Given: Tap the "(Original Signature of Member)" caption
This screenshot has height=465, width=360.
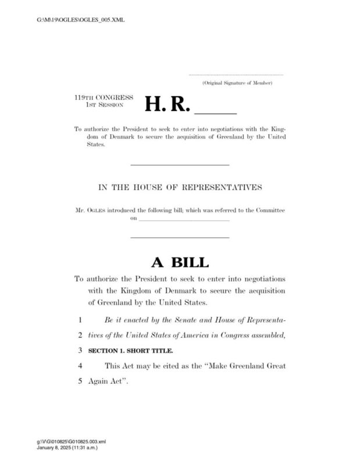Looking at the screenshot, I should (237, 84).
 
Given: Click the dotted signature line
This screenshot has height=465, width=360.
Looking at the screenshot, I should (236, 74).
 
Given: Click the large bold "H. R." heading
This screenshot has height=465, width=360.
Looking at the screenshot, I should (167, 103).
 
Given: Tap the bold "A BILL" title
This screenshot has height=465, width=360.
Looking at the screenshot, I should (180, 262).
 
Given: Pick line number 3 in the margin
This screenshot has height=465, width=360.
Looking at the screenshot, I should (79, 351).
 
